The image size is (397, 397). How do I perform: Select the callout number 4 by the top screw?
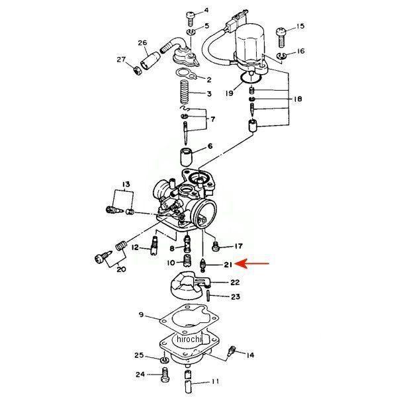click(x=205, y=11)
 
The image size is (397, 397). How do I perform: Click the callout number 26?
click(x=142, y=44)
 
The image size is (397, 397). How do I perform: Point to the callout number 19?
click(x=230, y=94)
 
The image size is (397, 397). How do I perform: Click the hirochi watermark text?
click(x=190, y=339)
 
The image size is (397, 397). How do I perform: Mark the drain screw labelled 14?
click(x=232, y=351)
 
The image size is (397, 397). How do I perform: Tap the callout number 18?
click(x=298, y=99)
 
